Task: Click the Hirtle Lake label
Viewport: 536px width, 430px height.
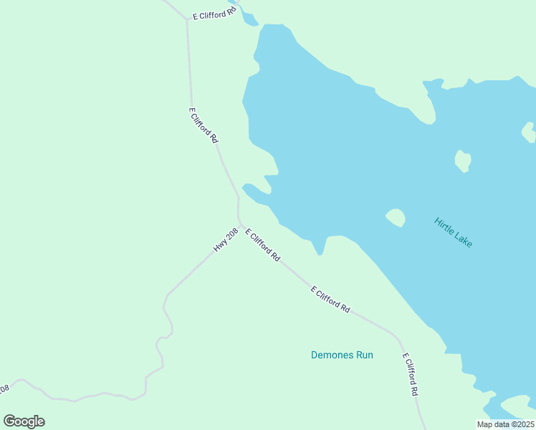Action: pos(453,232)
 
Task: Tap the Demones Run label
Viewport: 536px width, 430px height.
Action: pos(342,355)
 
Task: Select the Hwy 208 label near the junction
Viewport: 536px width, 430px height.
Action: pos(225,240)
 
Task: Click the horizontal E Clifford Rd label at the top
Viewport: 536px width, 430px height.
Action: pos(214,14)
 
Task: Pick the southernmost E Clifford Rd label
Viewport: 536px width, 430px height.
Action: pos(409,375)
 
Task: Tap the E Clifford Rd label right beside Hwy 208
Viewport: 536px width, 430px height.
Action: pos(262,244)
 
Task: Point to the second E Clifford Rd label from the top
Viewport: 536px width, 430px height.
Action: pos(203,125)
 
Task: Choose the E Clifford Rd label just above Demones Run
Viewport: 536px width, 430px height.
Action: pos(330,299)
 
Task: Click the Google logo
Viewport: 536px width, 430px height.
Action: pos(24,421)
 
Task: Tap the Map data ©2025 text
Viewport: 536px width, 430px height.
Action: pos(505,424)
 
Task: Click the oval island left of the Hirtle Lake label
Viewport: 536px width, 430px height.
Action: pos(396,217)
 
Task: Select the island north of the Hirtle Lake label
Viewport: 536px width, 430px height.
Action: pos(463,161)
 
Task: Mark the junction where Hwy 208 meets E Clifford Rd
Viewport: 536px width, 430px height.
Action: pos(239,222)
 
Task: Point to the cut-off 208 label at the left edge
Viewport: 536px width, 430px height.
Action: pos(4,389)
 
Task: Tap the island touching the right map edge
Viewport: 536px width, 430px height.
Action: pos(529,132)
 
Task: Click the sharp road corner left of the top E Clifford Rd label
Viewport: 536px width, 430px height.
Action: pos(187,20)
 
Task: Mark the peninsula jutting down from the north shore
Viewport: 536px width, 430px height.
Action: pos(429,104)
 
